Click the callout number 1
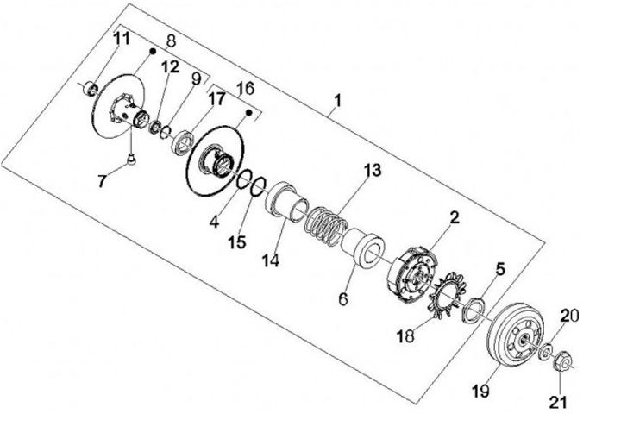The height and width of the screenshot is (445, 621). (337, 101)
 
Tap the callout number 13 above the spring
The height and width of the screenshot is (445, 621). (371, 170)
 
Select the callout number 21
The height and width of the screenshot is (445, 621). (560, 402)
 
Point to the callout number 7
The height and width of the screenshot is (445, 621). (103, 181)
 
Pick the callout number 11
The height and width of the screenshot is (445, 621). (122, 39)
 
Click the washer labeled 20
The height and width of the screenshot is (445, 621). (545, 351)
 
